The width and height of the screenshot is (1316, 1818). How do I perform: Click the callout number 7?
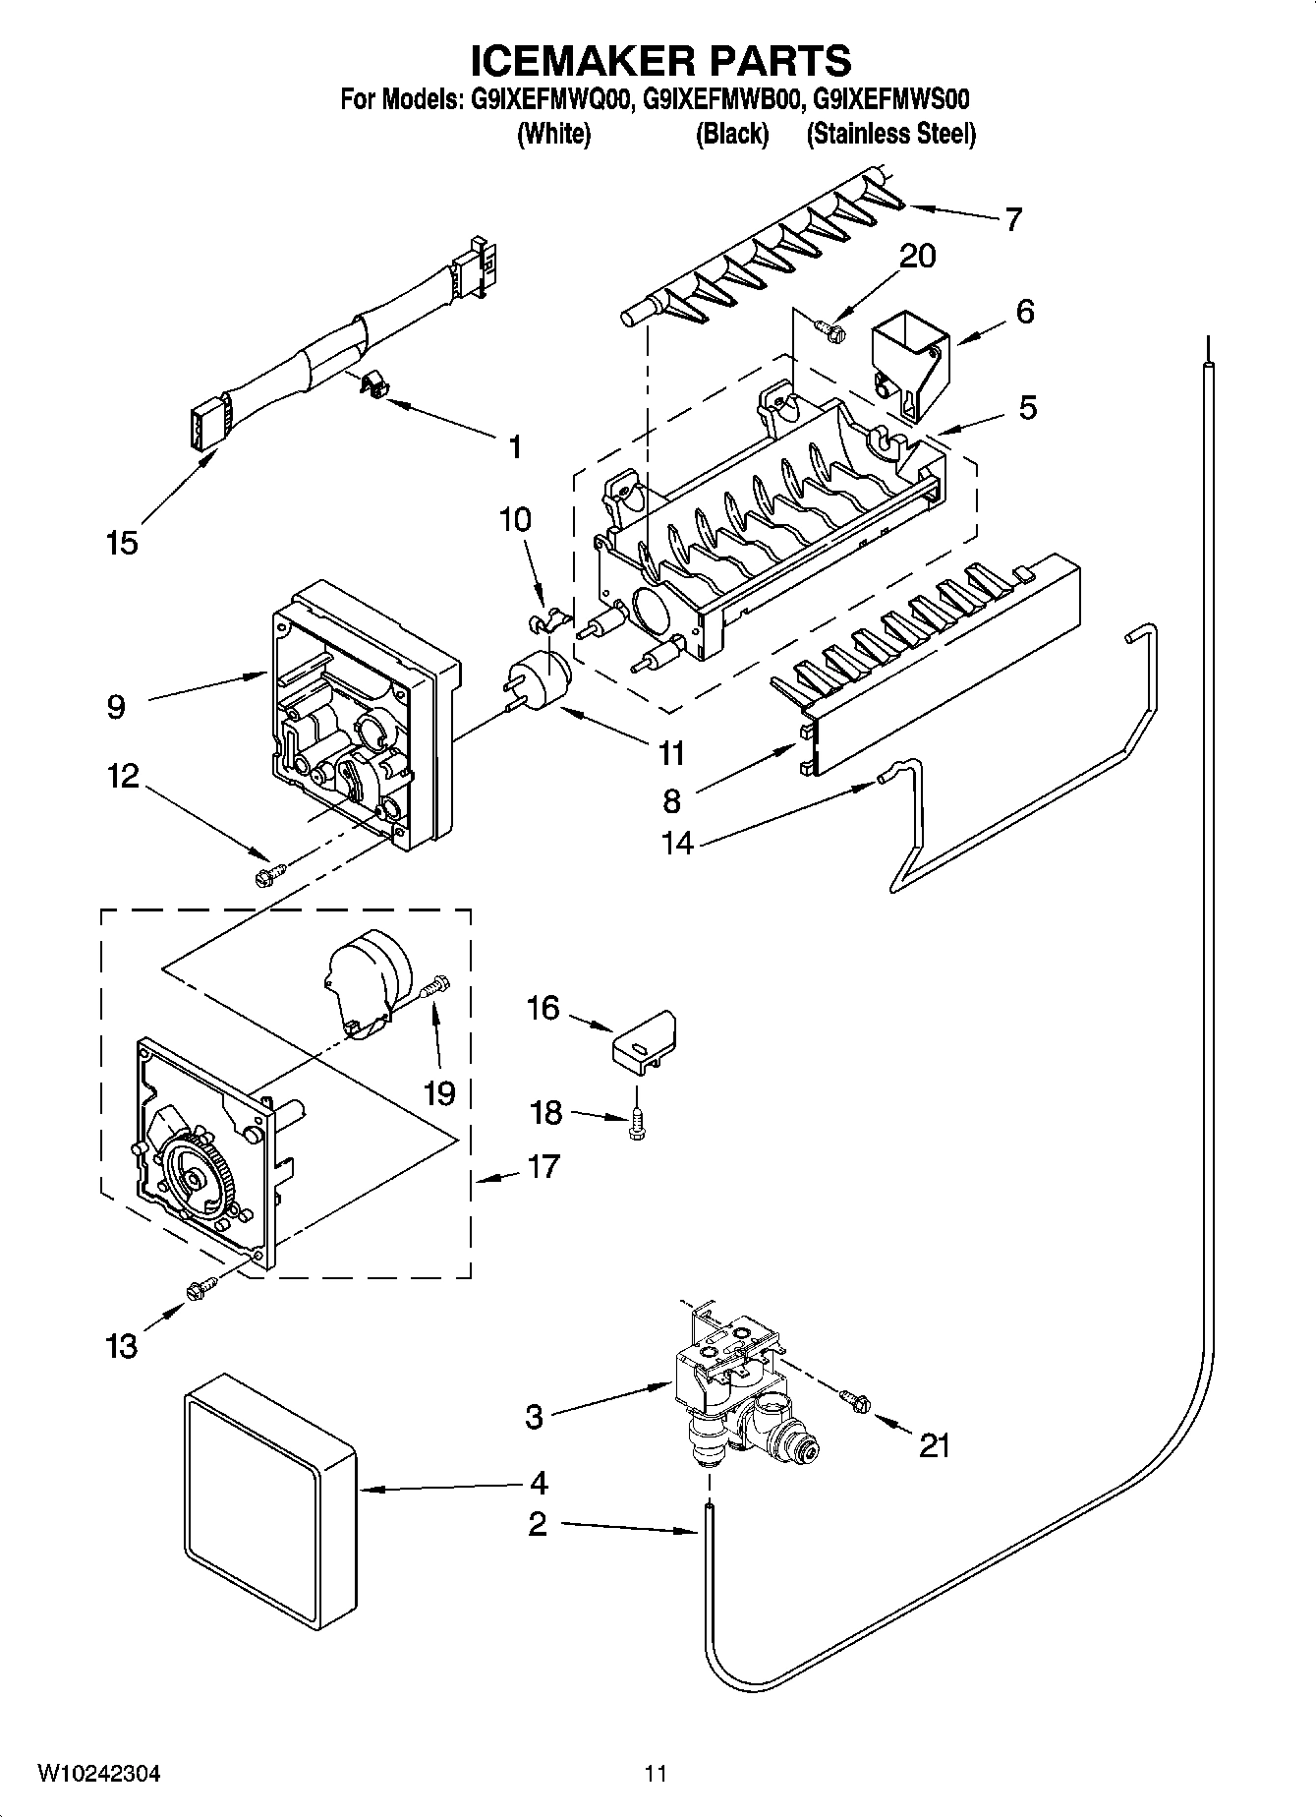pyautogui.click(x=1011, y=218)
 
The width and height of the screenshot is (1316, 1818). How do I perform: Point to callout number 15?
pyautogui.click(x=122, y=543)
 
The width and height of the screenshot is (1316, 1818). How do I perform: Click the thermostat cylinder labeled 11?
pyautogui.click(x=537, y=677)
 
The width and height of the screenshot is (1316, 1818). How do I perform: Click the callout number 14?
pyautogui.click(x=678, y=843)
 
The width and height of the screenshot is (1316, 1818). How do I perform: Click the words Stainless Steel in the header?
pyautogui.click(x=890, y=134)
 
